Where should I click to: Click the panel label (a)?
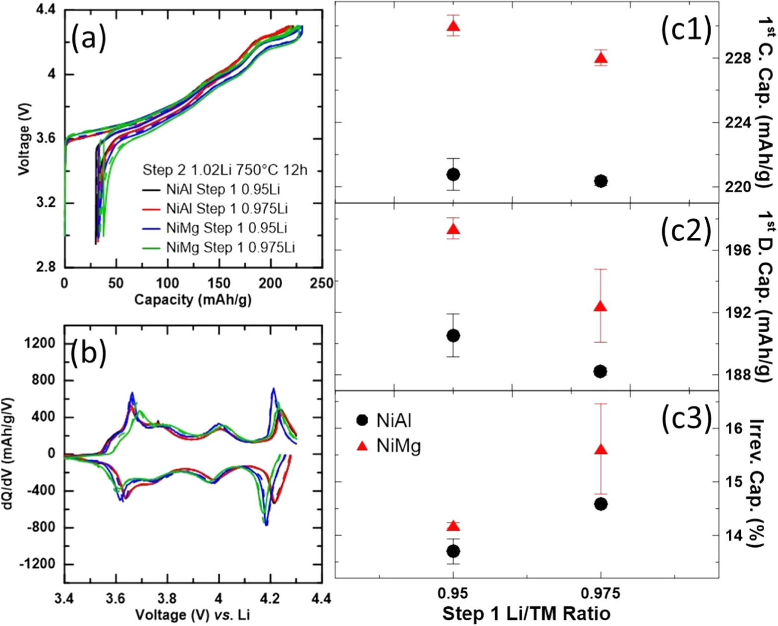coord(88,39)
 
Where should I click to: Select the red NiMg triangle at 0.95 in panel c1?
coord(453,26)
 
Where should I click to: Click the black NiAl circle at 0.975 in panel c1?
coord(601,181)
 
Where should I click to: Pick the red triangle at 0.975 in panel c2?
coord(601,306)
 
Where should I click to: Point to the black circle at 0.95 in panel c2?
coord(453,336)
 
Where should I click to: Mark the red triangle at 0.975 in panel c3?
coord(601,450)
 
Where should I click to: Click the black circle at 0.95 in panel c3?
coord(453,551)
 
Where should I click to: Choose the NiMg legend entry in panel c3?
coord(389,446)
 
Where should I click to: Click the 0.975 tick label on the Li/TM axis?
coord(601,593)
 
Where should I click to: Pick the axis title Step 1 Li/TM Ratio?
coord(526,614)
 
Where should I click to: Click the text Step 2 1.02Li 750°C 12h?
coord(225,170)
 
